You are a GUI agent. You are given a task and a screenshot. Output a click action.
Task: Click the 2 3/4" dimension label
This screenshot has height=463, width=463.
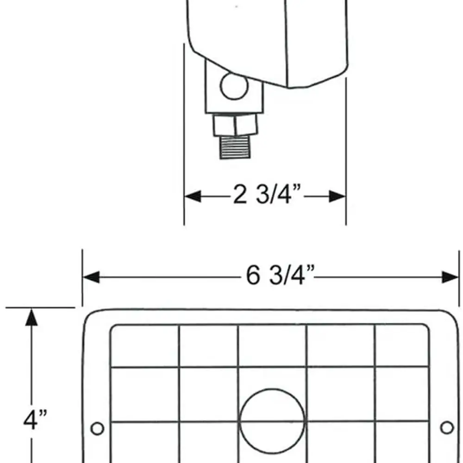click(266, 196)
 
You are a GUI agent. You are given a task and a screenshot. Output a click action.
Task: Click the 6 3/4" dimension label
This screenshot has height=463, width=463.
click(280, 277)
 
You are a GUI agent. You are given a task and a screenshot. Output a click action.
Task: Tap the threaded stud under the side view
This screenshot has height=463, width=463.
click(234, 148)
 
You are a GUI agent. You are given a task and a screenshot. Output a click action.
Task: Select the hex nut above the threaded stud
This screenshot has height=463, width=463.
click(235, 125)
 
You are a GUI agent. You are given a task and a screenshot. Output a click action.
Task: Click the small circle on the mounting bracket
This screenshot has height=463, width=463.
click(234, 86)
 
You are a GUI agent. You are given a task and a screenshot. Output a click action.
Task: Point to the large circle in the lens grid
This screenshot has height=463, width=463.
click(272, 422)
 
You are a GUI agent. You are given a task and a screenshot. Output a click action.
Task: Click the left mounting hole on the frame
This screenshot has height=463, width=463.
click(97, 428)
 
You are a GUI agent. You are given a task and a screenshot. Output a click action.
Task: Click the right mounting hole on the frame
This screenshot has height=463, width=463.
click(447, 427)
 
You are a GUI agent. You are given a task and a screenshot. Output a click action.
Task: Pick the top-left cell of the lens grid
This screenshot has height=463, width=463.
click(145, 346)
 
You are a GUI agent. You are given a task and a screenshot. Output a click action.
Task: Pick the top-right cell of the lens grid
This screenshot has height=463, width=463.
click(401, 346)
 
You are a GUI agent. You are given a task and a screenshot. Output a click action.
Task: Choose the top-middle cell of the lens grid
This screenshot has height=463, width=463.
click(272, 346)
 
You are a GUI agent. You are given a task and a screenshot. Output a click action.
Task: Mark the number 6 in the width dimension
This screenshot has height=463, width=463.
click(253, 277)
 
